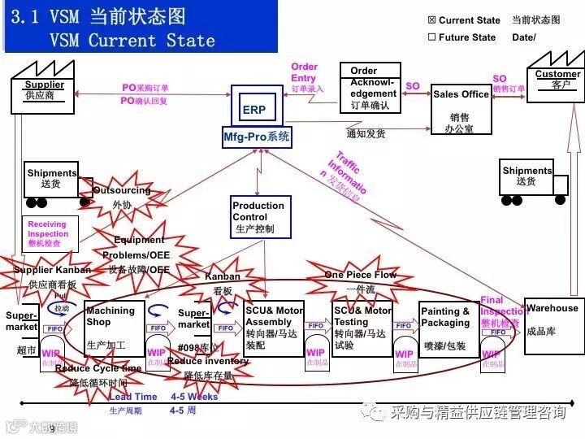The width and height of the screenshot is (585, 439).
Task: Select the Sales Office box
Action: (x=461, y=109)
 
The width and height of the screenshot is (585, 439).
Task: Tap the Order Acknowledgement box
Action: (x=370, y=88)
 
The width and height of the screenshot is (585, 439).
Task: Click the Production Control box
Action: (x=258, y=217)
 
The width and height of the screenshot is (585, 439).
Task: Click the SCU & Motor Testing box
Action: (x=362, y=328)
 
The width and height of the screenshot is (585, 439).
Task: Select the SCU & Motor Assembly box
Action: (x=274, y=328)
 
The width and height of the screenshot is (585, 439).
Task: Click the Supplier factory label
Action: (x=43, y=90)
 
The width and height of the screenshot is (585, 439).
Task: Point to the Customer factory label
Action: (x=557, y=80)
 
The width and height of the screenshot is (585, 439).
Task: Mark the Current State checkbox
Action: (x=431, y=20)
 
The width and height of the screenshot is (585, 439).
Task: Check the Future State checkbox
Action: (x=431, y=37)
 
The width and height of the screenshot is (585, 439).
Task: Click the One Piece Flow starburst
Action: (x=361, y=280)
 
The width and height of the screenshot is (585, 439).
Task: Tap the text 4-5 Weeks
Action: (x=194, y=397)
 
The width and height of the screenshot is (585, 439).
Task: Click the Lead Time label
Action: (x=133, y=397)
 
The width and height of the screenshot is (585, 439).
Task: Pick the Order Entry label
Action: (x=305, y=72)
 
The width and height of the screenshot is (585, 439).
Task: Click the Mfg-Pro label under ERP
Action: (x=257, y=137)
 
